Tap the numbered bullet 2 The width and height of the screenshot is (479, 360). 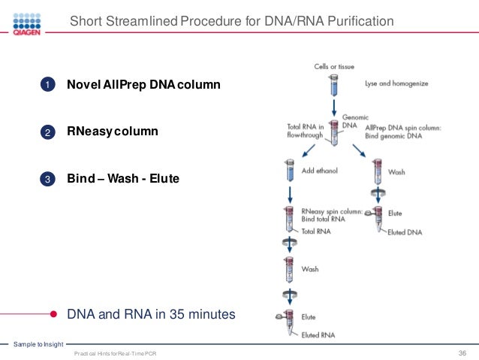[x=47, y=132]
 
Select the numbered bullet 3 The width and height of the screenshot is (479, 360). [x=47, y=179]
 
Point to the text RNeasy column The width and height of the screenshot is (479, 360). [x=113, y=132]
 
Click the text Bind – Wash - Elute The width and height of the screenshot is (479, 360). [x=123, y=179]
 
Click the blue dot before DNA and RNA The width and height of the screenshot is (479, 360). [x=54, y=314]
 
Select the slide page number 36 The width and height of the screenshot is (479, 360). [x=462, y=353]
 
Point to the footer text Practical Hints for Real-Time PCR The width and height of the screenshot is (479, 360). [x=116, y=353]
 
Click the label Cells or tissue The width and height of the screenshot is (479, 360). [x=334, y=67]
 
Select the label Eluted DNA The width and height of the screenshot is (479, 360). [x=403, y=231]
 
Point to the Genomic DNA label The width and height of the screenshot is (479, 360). [x=354, y=122]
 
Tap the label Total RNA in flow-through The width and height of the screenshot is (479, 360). [x=305, y=131]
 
